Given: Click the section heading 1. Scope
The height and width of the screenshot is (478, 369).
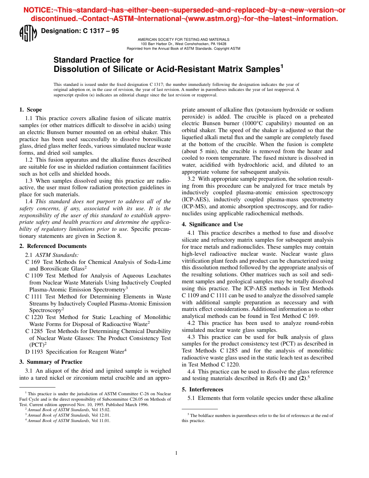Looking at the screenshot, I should coord(31,110).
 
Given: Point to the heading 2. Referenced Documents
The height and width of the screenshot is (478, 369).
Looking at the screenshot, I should coord(53,246).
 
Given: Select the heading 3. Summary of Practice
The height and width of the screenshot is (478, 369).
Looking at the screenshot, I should coord(50,362).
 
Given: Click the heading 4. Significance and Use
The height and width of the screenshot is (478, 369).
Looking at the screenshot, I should coord(212,224).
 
